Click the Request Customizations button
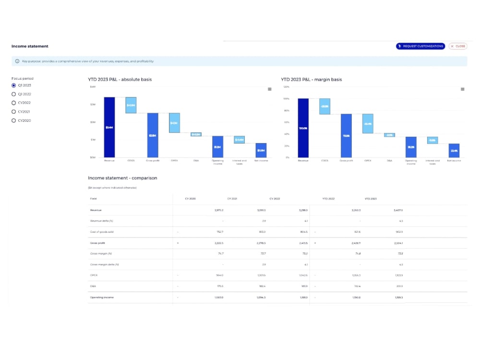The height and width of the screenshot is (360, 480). point(420,46)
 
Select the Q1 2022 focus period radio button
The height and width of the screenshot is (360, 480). point(13,94)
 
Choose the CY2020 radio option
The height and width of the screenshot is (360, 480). point(13,120)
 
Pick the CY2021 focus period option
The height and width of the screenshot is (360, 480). point(13,111)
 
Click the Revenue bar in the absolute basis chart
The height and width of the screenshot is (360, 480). point(109,127)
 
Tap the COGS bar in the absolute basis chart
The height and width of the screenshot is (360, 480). point(131,105)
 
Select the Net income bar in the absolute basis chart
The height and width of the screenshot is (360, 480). point(261,150)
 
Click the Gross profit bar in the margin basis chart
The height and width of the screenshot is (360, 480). point(346,135)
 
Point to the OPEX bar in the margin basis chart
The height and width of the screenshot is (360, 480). point(368,123)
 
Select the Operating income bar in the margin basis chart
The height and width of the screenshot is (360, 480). point(411,147)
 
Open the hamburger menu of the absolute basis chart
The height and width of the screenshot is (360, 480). point(269,89)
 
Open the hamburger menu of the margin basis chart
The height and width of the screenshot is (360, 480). point(462,89)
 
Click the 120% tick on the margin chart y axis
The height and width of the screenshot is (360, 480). point(286,87)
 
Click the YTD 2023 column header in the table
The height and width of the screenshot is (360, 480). point(371,198)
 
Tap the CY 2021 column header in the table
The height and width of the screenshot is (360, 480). point(233,198)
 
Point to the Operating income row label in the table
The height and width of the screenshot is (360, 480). point(102,298)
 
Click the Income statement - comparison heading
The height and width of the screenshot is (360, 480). point(122,178)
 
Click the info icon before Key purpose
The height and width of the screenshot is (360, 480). point(18,61)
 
